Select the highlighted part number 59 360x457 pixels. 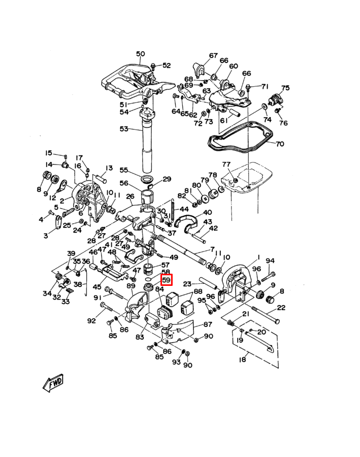click(x=167, y=280)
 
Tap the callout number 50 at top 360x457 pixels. click(x=141, y=54)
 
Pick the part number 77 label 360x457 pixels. click(x=226, y=165)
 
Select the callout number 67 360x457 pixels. click(x=213, y=56)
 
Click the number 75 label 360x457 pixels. click(x=285, y=88)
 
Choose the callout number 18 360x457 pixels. click(x=243, y=360)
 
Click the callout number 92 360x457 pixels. click(x=91, y=320)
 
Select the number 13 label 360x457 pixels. click(x=109, y=168)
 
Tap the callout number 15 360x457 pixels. click(x=49, y=153)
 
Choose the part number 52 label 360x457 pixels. click(x=167, y=66)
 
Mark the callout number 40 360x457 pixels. click(x=207, y=213)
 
